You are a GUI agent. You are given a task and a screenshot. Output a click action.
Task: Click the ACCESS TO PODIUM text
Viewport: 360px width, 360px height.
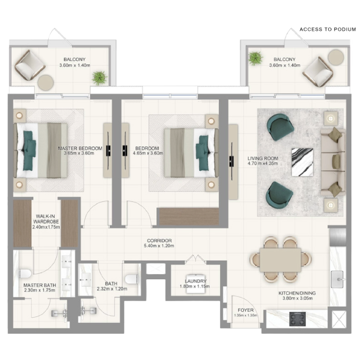(x=327, y=30)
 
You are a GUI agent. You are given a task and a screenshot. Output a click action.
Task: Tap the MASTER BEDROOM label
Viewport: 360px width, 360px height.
(x=80, y=148)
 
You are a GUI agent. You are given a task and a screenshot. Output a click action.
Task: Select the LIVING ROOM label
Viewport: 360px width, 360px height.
(x=262, y=159)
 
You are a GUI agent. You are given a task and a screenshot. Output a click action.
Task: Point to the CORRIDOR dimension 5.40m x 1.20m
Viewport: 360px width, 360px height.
(x=159, y=246)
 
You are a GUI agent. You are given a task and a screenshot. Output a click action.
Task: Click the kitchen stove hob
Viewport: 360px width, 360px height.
(x=297, y=319)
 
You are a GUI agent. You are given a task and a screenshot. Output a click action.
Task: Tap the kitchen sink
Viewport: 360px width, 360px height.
(x=337, y=279)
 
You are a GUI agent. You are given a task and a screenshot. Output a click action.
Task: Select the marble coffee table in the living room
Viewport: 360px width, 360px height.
(x=303, y=162)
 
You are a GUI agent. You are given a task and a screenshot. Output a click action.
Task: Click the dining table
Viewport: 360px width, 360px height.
(x=280, y=260)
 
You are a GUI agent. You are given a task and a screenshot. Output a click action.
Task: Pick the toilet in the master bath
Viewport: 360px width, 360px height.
(x=25, y=273)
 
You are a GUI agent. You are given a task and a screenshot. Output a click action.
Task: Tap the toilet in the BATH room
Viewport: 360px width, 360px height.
(x=132, y=279)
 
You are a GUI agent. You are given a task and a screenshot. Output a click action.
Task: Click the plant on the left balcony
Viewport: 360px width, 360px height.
(x=99, y=78)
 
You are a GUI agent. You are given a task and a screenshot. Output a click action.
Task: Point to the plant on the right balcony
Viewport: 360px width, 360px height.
(x=255, y=58)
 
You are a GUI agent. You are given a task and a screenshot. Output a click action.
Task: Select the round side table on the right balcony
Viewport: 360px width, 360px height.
(x=336, y=57)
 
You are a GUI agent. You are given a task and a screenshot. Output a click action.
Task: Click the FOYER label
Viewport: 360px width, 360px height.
(x=246, y=310)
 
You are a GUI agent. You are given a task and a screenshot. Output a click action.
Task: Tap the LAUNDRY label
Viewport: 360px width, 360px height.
(x=196, y=281)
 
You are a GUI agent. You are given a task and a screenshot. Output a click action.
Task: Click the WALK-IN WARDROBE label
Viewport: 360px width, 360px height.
(x=46, y=219)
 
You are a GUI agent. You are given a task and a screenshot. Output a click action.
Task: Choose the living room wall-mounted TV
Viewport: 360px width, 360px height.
(x=232, y=161)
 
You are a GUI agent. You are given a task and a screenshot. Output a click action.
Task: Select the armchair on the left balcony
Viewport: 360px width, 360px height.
(x=30, y=65)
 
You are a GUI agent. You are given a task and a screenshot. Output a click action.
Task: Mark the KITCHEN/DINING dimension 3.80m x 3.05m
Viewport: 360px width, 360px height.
(x=297, y=298)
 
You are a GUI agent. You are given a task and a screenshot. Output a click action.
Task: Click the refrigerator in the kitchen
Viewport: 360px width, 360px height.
(x=338, y=236)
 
